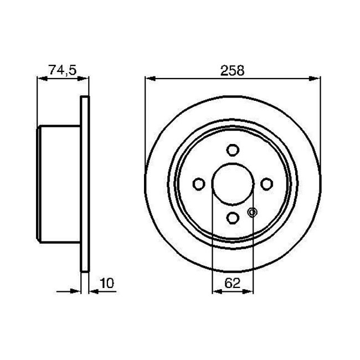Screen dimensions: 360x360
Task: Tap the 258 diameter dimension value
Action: pyautogui.click(x=233, y=70)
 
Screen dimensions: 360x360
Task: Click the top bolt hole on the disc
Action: pyautogui.click(x=233, y=150)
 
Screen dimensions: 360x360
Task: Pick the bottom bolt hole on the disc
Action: pyautogui.click(x=233, y=218)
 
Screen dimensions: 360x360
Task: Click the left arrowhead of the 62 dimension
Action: pyautogui.click(x=217, y=291)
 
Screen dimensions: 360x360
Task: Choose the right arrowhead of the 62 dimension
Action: pyautogui.click(x=249, y=291)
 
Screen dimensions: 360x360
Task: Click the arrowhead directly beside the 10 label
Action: pyautogui.click(x=92, y=291)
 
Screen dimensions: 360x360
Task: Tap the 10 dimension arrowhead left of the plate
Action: pyautogui.click(x=77, y=291)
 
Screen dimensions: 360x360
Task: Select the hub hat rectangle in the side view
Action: pyautogui.click(x=59, y=184)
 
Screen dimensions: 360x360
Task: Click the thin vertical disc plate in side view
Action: pyautogui.click(x=85, y=184)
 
